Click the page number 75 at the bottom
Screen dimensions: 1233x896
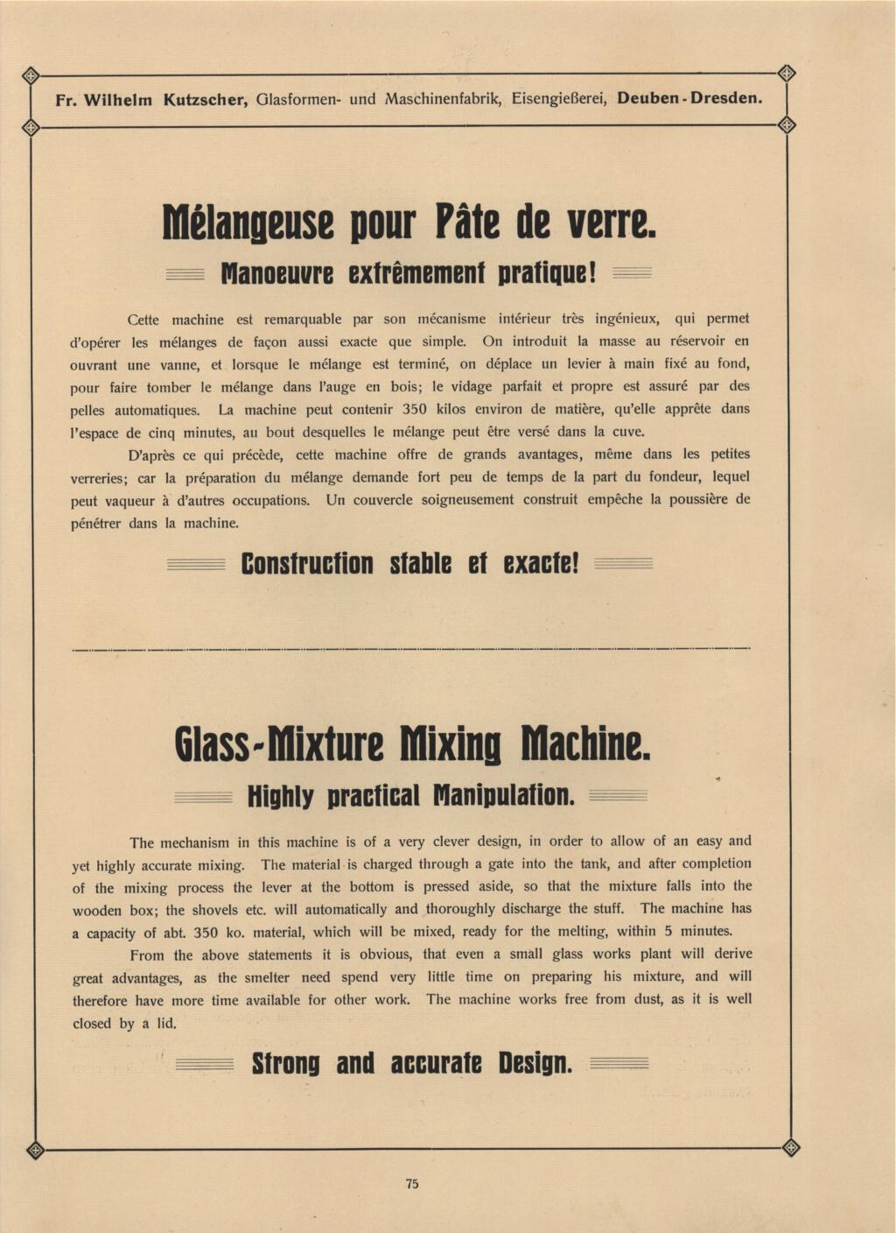click(x=412, y=1184)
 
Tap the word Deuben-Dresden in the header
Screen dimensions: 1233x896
click(x=689, y=98)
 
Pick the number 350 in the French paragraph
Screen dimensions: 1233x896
click(x=413, y=409)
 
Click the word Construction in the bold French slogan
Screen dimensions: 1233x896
click(x=306, y=563)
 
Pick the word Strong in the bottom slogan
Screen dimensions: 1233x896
click(x=285, y=1064)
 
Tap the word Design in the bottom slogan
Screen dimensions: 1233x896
click(x=535, y=1064)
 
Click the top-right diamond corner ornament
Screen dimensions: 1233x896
click(x=786, y=74)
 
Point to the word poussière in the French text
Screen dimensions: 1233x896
click(x=699, y=500)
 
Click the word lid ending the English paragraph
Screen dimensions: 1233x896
click(x=166, y=1023)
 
